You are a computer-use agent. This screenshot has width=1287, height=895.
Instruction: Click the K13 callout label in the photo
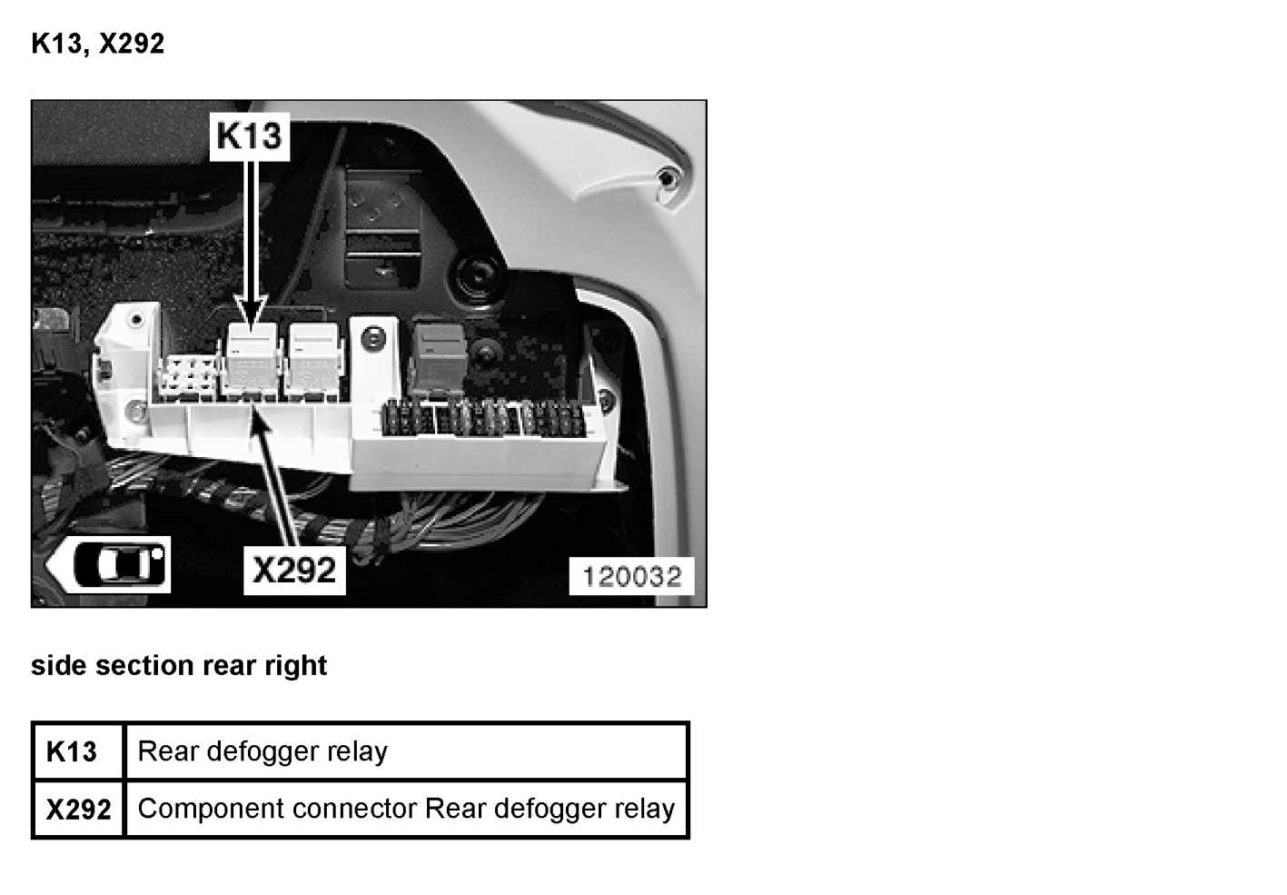[249, 136]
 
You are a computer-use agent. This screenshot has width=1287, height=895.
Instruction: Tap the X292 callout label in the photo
[294, 570]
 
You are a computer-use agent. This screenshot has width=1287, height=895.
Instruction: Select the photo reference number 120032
[631, 576]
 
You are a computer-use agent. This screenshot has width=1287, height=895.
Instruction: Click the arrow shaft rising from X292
[281, 482]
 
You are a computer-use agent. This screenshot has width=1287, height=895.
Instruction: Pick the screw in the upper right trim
[668, 178]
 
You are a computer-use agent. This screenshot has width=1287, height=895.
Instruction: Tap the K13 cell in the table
[72, 751]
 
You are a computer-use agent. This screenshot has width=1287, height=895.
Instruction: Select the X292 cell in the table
[78, 809]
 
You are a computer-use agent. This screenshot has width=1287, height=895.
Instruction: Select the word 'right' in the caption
[295, 665]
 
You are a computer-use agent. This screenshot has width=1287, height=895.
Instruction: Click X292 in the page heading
[132, 44]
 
